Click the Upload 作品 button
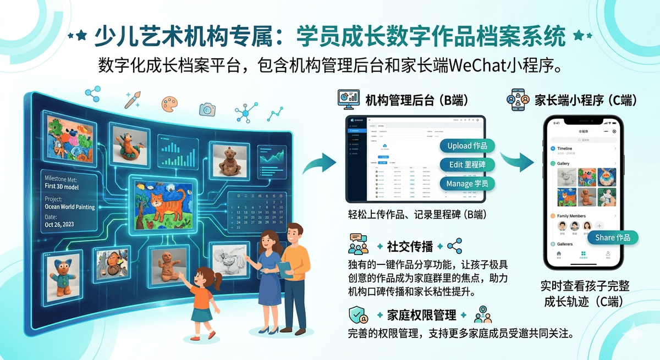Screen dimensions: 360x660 (468, 146)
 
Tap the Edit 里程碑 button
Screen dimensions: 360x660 (468, 164)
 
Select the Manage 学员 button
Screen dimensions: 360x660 (468, 183)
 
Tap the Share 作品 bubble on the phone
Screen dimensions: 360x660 (612, 237)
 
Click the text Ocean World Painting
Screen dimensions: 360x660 (70, 207)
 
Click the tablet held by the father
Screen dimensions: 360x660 (284, 269)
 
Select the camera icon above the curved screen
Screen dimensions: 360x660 (207, 108)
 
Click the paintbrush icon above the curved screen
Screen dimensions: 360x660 (133, 99)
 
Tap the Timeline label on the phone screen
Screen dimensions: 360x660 (565, 148)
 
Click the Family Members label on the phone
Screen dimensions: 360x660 (571, 216)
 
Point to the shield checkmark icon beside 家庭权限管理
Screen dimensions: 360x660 (359, 315)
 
